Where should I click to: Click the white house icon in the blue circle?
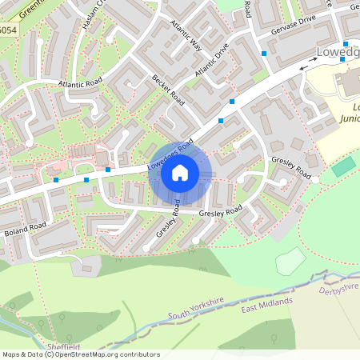click(x=180, y=172)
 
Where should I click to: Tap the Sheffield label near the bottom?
click(x=64, y=346)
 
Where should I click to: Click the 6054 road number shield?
click(x=7, y=30)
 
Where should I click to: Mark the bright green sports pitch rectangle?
click(x=343, y=167)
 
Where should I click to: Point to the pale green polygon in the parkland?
click(x=290, y=260)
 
